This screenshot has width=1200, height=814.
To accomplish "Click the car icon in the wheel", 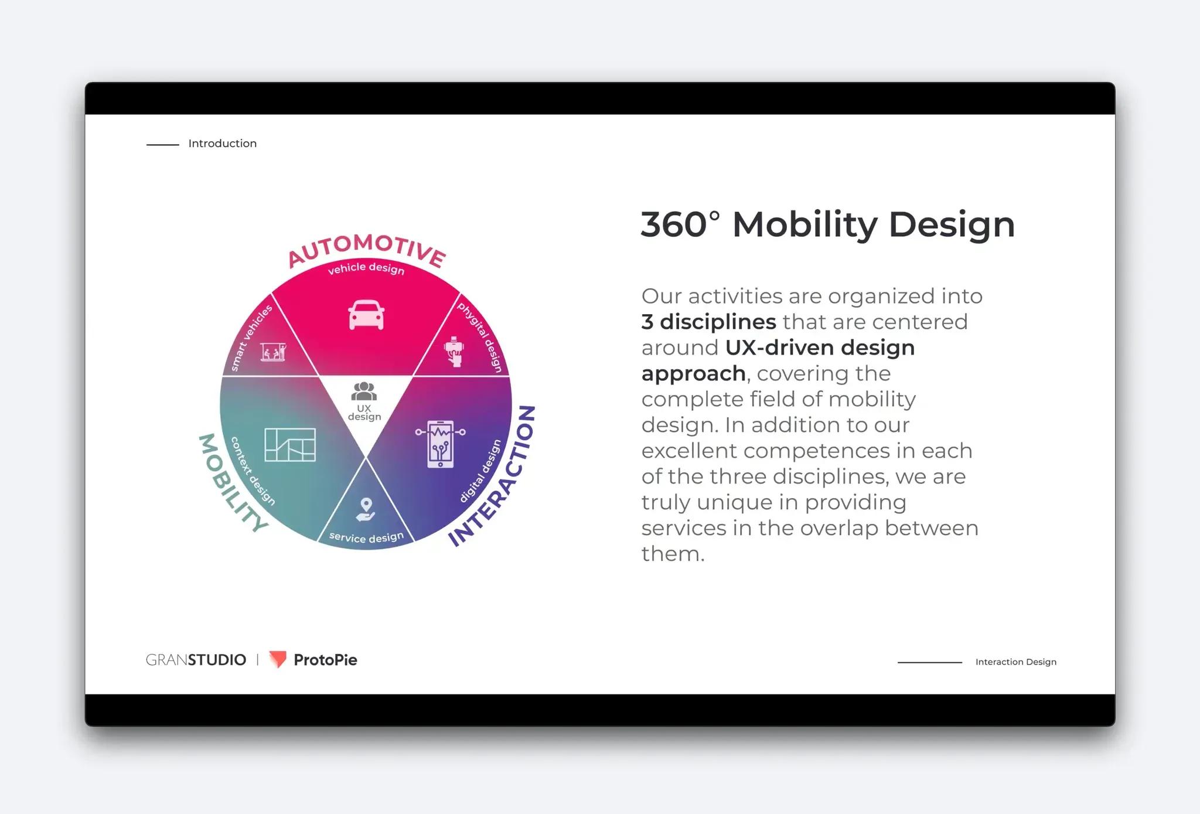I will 366,315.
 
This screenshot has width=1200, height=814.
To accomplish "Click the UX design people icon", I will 364,391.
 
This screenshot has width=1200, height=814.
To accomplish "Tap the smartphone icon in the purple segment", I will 441,444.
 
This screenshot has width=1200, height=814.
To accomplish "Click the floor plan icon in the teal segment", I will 290,444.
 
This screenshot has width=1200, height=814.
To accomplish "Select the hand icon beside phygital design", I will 454,352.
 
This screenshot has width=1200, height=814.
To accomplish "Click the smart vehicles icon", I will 274,352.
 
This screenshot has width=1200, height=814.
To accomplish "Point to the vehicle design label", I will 366,268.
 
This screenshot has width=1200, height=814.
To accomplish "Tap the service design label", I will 366,537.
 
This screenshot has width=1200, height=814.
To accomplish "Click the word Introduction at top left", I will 222,144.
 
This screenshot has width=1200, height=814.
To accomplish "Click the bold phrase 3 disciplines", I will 708,322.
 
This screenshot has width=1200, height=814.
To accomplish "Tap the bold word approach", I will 693,373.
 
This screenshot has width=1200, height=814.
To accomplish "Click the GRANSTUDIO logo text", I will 196,660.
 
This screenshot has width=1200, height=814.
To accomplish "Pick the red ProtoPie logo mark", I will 278,659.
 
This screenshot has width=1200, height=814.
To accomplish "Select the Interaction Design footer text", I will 1015,662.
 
